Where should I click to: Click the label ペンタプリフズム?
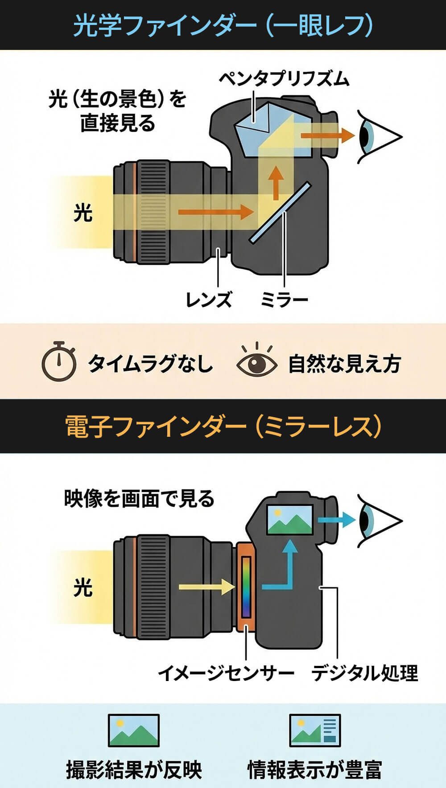pyautogui.click(x=284, y=79)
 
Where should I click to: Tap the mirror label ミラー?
pyautogui.click(x=284, y=300)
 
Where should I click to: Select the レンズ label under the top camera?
pyautogui.click(x=209, y=300)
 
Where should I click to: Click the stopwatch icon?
pyautogui.click(x=59, y=361)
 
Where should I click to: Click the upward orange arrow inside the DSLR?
pyautogui.click(x=277, y=183)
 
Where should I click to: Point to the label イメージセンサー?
pyautogui.click(x=226, y=673)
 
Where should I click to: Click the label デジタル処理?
pyautogui.click(x=364, y=673)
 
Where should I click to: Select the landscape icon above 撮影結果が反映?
pyautogui.click(x=134, y=731)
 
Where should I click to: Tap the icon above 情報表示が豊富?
pyautogui.click(x=315, y=731)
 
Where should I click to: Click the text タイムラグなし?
pyautogui.click(x=150, y=363)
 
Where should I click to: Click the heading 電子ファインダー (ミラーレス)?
pyautogui.click(x=223, y=427)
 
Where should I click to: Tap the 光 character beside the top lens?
pyautogui.click(x=83, y=212)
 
